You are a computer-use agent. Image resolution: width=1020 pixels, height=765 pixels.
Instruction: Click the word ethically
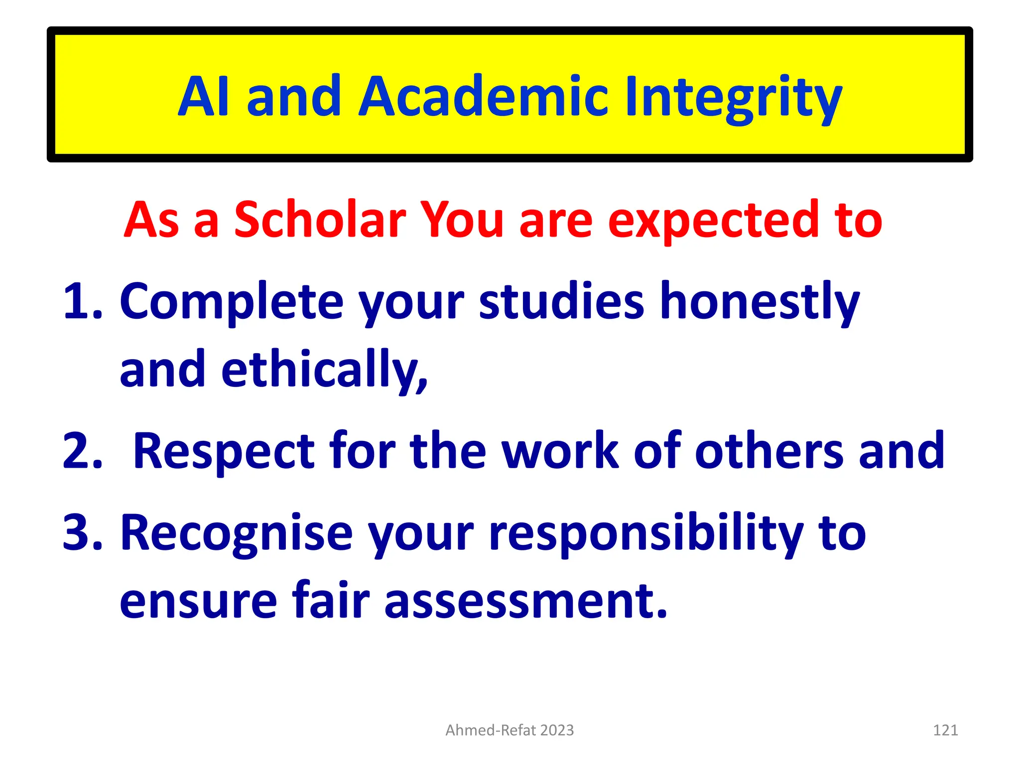pos(324,370)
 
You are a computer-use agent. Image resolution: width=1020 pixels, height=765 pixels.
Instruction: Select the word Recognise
pos(237,533)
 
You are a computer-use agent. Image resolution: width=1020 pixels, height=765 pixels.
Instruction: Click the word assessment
pos(525,601)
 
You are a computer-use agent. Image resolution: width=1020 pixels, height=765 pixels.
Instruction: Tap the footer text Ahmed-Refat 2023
pos(510,730)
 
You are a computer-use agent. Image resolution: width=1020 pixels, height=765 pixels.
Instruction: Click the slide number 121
pos(945,730)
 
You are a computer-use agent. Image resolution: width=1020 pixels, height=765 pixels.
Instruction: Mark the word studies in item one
pos(562,301)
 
